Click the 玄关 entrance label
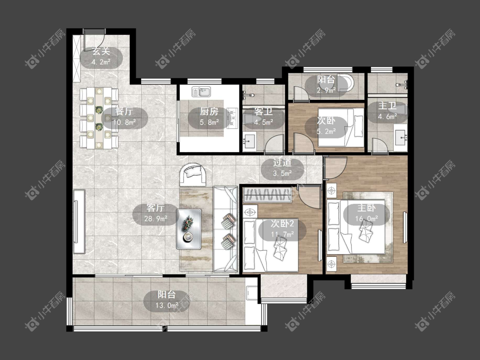pos(101,52)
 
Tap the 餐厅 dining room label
pos(124,112)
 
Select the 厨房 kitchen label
pos(209,112)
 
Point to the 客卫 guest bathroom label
pos(263,112)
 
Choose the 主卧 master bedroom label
pos(367,208)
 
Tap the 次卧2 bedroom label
pos(282,224)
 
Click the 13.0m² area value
pos(167,305)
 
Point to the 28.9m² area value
pos(155,218)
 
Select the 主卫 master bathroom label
pos(387,106)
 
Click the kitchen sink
pos(201,92)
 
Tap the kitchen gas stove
pos(233,118)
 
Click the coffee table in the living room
pos(189,229)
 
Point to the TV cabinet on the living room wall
pos(79,221)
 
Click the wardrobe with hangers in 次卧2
pos(267,195)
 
